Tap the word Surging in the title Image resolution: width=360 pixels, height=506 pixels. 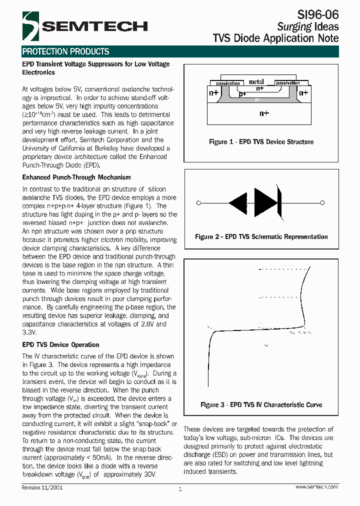tap(294, 27)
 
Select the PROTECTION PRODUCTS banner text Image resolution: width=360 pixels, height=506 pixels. tap(65, 51)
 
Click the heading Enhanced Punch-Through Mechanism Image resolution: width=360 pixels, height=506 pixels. tap(76, 177)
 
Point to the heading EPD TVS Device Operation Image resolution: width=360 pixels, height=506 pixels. tap(60, 344)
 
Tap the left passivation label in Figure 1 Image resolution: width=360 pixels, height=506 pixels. tap(227, 83)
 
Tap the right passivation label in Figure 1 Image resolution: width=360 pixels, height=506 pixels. tap(287, 83)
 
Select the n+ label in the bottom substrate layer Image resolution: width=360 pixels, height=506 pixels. tap(264, 113)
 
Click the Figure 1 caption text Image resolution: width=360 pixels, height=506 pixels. tap(261, 142)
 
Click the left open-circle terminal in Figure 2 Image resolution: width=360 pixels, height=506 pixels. tap(199, 203)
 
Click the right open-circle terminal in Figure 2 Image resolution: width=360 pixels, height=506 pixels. tap(322, 203)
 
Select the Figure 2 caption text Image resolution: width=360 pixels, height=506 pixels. tap(261, 236)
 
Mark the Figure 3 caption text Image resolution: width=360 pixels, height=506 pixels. tap(261, 404)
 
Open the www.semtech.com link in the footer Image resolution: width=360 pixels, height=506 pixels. tap(316, 487)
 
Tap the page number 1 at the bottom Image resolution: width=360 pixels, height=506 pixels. tap(179, 489)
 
